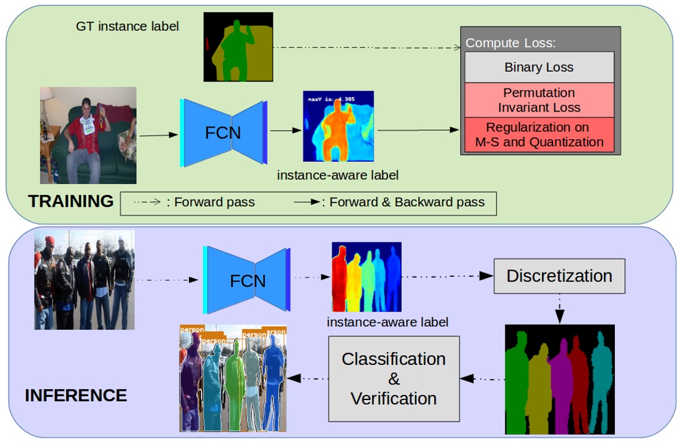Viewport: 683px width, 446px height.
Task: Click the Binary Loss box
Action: click(539, 67)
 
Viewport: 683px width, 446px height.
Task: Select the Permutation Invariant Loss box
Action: click(539, 100)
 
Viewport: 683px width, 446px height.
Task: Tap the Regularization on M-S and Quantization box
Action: click(539, 135)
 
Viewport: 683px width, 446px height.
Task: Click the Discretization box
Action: click(559, 276)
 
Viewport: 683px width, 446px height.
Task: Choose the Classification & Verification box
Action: click(394, 379)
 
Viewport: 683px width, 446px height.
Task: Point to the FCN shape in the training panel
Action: click(223, 132)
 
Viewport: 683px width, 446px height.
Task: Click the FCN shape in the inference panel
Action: click(247, 280)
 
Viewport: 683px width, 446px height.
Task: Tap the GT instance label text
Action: click(128, 26)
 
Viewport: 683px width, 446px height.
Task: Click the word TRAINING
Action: click(71, 201)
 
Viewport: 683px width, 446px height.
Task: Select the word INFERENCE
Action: click(76, 395)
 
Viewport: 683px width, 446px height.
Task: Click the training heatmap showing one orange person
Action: click(338, 126)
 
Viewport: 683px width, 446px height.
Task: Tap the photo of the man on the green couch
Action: click(88, 136)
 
